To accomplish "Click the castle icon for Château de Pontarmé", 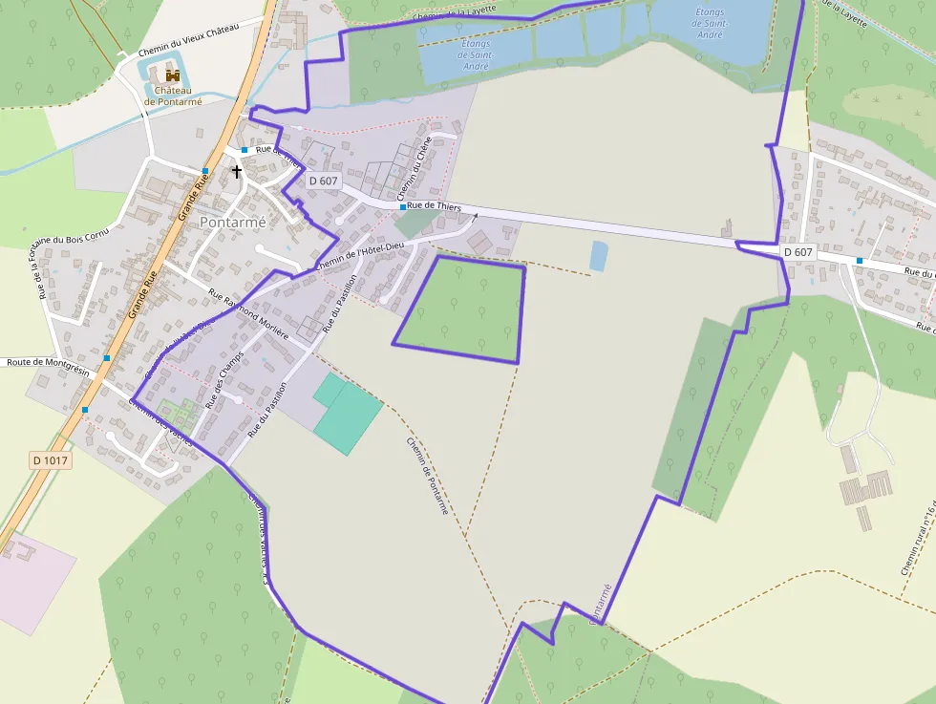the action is click(x=173, y=75).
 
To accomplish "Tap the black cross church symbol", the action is click(x=237, y=172).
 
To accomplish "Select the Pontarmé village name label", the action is click(x=232, y=221).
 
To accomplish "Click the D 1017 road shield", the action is click(x=50, y=460).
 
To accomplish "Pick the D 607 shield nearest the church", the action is click(x=324, y=181).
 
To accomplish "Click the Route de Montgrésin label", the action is click(x=47, y=362).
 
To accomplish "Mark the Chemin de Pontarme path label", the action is click(x=427, y=476).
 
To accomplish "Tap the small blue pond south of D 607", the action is click(x=598, y=255).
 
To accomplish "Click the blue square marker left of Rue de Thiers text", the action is click(x=402, y=206).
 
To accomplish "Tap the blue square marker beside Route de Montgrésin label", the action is click(x=107, y=357).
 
